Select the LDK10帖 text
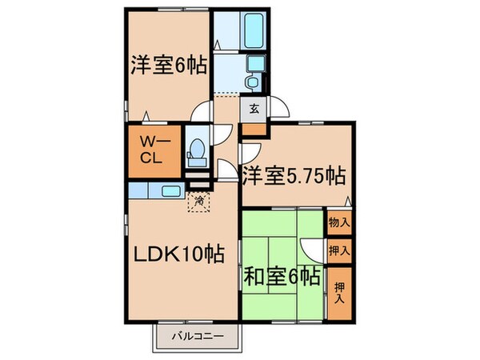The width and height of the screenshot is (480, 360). (x=177, y=255)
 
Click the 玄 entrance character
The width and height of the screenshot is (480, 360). (x=254, y=109)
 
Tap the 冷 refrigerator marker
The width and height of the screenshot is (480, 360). (x=197, y=202)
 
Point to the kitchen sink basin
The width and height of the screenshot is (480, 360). (x=170, y=191)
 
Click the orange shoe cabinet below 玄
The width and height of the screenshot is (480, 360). (x=254, y=127)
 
